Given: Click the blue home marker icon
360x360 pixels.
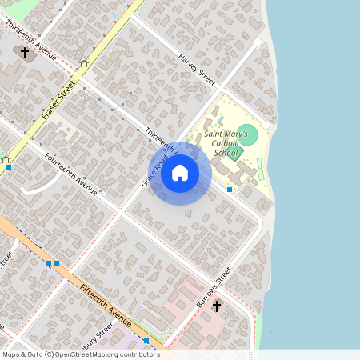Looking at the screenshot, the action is pos(180,173).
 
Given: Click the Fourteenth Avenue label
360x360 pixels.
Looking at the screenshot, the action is pos(70,174).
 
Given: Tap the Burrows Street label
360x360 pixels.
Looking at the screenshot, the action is pos(214,288).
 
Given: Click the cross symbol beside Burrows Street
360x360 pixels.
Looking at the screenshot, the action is pos(216,306).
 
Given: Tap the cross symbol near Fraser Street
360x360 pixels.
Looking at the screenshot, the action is pos(25,54).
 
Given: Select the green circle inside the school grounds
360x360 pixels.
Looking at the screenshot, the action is pos(249,135).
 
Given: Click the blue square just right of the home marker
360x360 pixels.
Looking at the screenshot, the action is pos(230,190).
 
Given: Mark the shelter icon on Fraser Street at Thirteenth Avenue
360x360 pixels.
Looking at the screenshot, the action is pos(84,64).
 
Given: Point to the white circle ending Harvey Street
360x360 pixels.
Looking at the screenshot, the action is pos(257,42).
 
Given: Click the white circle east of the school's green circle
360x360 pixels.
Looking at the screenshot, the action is pos(266,126).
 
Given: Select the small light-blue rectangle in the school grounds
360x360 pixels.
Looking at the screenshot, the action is pos(221,119).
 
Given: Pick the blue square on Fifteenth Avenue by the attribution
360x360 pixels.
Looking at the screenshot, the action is pos(146,342).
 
